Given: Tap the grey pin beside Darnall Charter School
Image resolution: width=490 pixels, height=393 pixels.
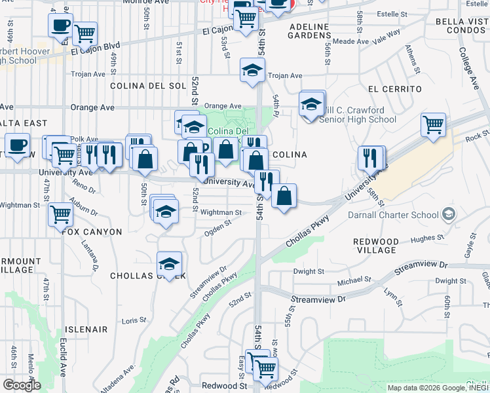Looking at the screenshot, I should [448, 214].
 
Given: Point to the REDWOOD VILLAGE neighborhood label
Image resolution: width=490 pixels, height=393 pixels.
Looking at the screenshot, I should [376, 246].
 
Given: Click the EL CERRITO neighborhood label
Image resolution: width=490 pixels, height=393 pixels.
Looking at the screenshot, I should [394, 88].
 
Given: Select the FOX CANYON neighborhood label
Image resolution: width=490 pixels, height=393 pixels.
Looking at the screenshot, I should [92, 232].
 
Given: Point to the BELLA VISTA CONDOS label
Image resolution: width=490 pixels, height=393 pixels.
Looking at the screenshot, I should [462, 26].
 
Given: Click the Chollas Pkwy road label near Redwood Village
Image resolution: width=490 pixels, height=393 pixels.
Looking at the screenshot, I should [305, 234].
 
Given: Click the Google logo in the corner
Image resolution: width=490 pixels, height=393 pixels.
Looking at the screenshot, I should [22, 384].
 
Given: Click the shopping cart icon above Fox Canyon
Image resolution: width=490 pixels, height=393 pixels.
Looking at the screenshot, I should [60, 214].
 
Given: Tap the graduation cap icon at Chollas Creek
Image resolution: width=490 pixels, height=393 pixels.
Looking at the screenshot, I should [170, 264].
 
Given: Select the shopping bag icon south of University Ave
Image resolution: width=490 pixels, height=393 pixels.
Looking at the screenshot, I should [284, 196].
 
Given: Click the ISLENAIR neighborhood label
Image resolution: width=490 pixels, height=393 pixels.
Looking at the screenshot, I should [86, 329].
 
